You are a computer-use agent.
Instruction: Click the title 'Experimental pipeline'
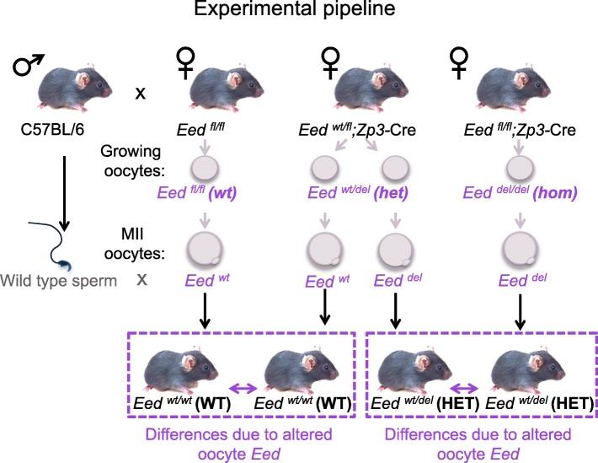[298, 14]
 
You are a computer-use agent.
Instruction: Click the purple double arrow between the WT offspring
[242, 388]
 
